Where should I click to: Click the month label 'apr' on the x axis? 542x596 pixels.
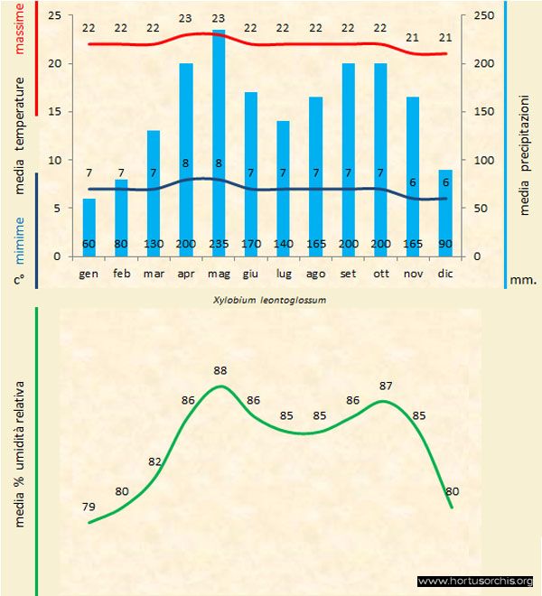point(186,273)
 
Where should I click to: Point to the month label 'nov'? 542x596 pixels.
point(413,273)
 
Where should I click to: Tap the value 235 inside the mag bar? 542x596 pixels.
point(219,245)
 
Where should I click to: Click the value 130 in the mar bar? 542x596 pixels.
point(154,245)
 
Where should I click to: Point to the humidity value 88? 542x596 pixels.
point(220,370)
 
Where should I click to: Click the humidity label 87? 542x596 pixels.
point(386,386)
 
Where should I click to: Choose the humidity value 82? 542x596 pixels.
point(154,461)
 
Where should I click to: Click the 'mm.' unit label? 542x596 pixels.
point(523,280)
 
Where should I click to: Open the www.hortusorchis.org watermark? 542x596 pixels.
point(476,581)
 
